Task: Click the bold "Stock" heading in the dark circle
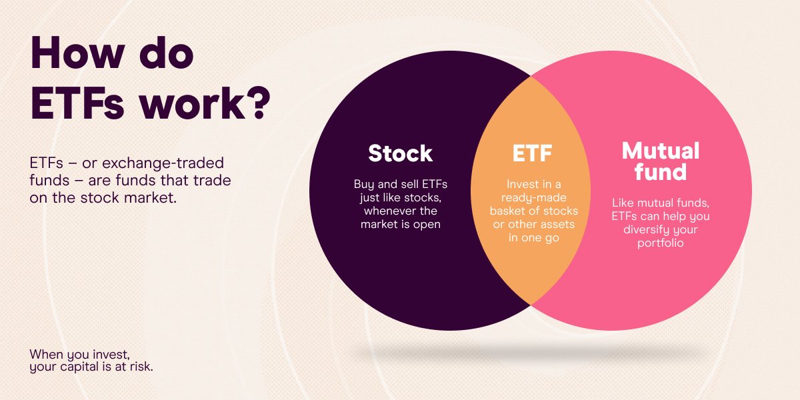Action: click(400, 153)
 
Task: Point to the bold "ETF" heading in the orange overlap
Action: click(532, 153)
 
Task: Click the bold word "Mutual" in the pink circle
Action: click(661, 151)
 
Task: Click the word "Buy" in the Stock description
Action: click(364, 185)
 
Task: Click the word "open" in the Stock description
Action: click(427, 225)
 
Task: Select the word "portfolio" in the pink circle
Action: click(660, 243)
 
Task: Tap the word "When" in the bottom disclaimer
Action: click(45, 354)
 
